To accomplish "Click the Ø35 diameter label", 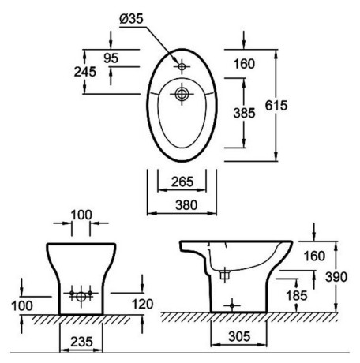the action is coord(131,19).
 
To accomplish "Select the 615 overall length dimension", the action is coord(276,105).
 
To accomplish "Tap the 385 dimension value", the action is coord(244,113).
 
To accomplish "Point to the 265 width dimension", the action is coord(182,181).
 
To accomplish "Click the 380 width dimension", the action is coord(186,205).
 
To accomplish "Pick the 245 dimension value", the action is coord(85,72).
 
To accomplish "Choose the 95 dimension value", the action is coord(111,58).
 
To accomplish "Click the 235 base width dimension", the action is coord(81,342).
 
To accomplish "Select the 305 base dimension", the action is coord(239,336).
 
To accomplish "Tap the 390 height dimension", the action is coord(336,277).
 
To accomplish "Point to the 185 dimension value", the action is coord(297,295).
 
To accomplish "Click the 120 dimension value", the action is coord(142,304).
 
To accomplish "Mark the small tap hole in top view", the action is coord(182,66).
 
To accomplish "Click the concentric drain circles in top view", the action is coord(182,94).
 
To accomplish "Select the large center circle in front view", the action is coord(81,297).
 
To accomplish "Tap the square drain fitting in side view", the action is coord(224,275).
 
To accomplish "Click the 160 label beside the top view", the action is coord(244,64).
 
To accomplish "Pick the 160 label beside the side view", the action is coord(314,256).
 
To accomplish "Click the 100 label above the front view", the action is coord(81,215).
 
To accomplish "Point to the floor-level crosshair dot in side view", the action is coord(232,305).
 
